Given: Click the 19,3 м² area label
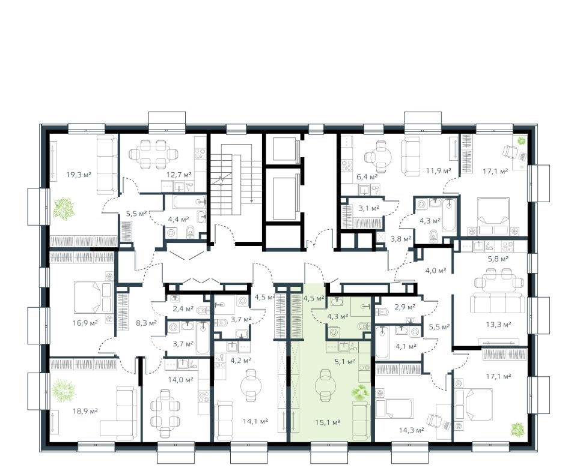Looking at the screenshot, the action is [x=79, y=174].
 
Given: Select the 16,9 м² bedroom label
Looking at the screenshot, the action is [x=85, y=323].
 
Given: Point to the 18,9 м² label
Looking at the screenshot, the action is [x=85, y=410].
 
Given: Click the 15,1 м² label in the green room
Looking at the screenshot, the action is [x=328, y=423].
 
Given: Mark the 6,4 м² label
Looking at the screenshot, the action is [x=368, y=176].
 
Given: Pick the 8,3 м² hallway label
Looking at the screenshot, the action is [x=147, y=323].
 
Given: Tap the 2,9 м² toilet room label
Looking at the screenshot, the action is [x=405, y=307].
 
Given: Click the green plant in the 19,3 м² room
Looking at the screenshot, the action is [x=64, y=208].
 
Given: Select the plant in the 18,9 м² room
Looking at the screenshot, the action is [x=63, y=390].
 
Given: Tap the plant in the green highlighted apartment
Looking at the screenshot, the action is [x=360, y=392].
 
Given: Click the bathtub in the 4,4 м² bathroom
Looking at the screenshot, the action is [x=189, y=202].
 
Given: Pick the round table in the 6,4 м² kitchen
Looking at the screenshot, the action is [x=382, y=157].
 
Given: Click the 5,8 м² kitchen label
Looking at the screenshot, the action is [x=498, y=259].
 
